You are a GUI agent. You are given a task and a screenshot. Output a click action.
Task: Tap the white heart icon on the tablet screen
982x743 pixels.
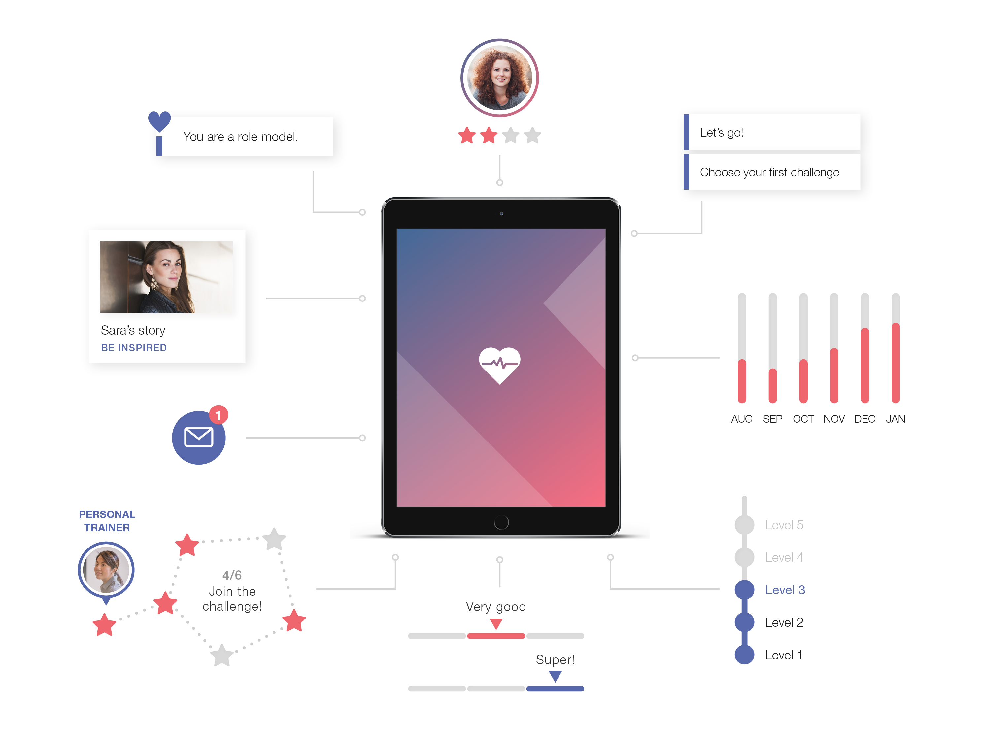click(499, 365)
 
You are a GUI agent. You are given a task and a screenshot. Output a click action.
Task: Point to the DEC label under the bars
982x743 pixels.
click(864, 419)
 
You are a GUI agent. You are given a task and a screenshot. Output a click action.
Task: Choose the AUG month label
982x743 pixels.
click(741, 419)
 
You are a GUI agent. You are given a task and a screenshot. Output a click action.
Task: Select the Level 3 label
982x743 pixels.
click(785, 590)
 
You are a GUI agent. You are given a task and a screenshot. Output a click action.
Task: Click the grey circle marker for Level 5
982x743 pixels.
click(744, 525)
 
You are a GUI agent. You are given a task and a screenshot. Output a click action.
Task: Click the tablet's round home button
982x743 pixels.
click(501, 522)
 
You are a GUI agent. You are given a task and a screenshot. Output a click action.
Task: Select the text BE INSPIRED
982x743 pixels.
click(134, 348)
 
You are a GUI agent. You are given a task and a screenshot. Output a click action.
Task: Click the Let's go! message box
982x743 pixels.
click(772, 132)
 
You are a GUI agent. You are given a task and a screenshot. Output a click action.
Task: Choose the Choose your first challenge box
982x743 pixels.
click(772, 172)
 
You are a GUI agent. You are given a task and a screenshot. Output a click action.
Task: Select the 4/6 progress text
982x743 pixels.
click(232, 575)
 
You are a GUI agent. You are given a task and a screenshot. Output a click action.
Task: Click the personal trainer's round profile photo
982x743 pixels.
click(106, 570)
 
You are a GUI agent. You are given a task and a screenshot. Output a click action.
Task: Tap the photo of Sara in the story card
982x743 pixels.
click(166, 277)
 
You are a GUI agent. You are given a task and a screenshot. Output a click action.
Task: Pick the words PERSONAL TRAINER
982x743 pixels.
click(107, 521)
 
